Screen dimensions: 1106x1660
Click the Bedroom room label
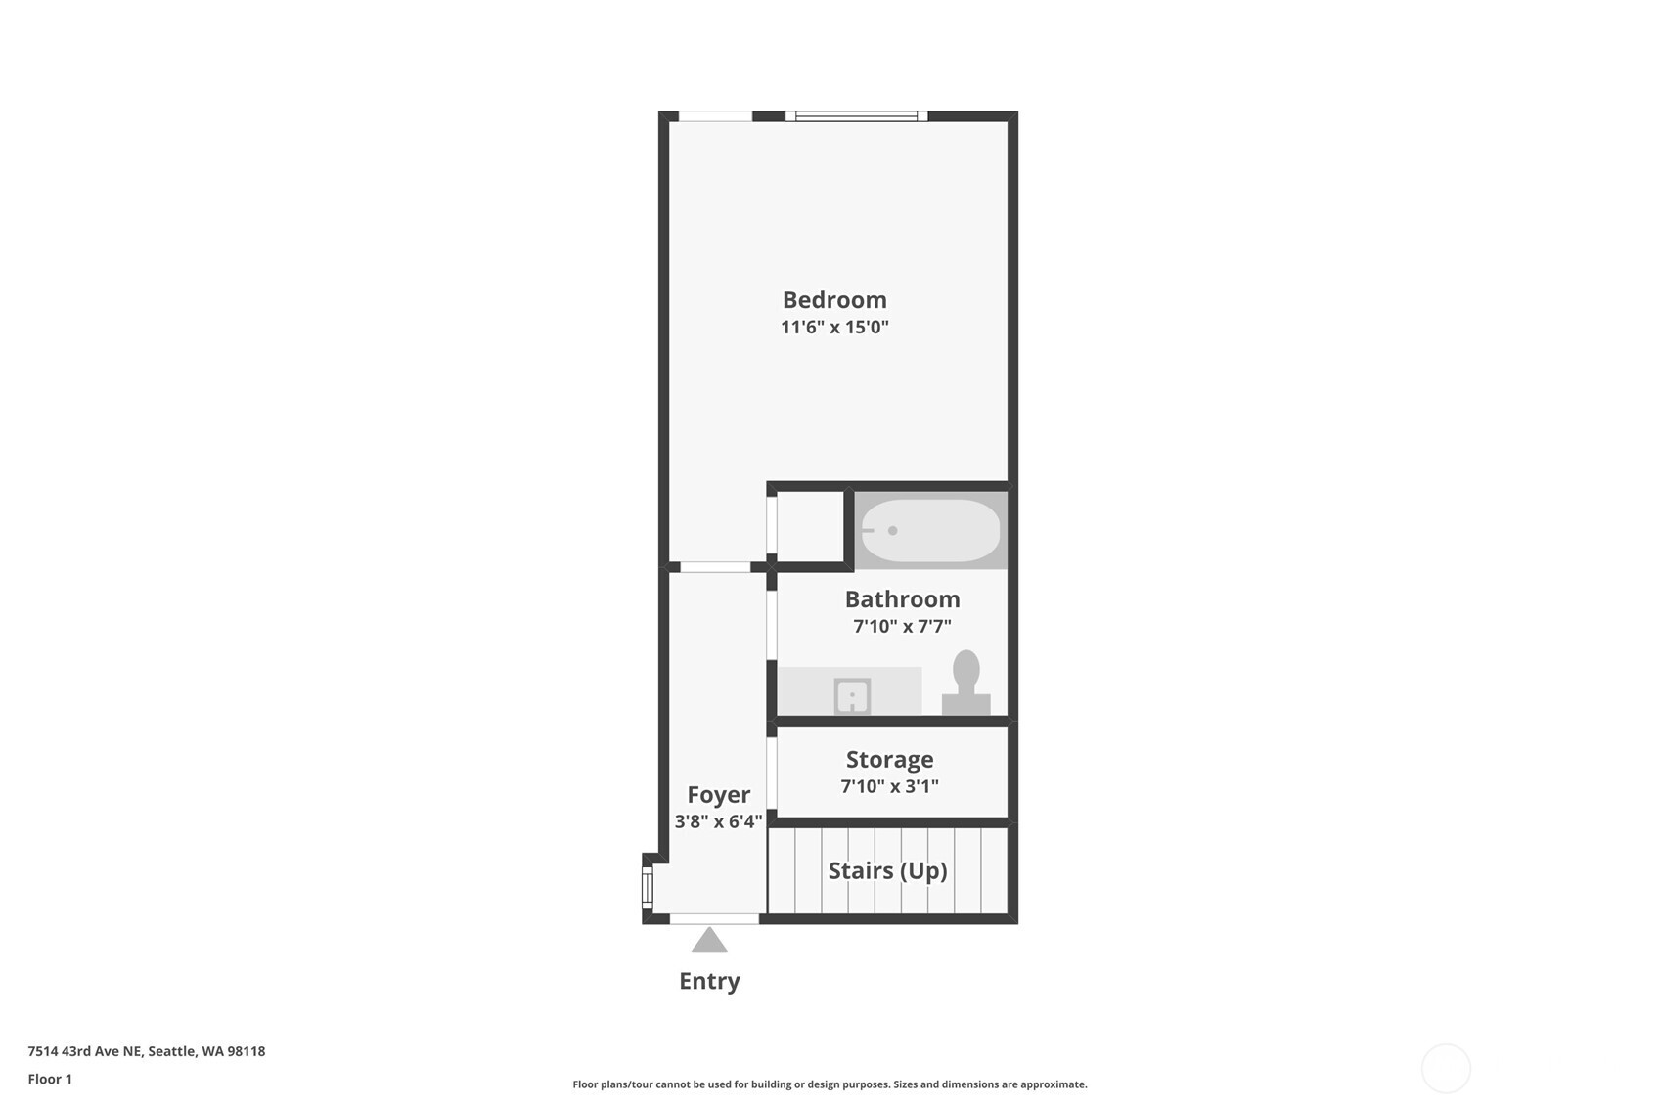[x=834, y=300]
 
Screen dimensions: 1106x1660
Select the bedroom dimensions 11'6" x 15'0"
[x=834, y=327]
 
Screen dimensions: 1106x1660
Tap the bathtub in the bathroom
[x=930, y=531]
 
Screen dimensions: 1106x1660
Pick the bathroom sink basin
[x=852, y=696]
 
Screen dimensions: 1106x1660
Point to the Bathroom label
[x=902, y=599]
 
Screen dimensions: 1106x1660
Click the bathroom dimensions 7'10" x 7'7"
[x=902, y=626]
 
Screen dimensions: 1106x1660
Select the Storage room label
[x=889, y=760]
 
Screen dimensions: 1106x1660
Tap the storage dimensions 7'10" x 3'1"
[x=889, y=786]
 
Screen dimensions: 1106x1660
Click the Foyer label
[x=718, y=795]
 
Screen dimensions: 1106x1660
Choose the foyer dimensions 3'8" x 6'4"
[x=718, y=821]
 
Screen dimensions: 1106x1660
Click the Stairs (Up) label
[x=887, y=871]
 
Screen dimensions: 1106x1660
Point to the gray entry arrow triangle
[x=709, y=941]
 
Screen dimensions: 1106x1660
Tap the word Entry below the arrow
[x=709, y=981]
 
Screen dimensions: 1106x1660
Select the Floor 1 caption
[x=50, y=1079]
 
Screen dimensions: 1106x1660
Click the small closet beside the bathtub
[x=810, y=526]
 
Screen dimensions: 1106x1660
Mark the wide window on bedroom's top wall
[x=856, y=116]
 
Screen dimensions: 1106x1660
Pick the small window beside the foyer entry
[x=647, y=888]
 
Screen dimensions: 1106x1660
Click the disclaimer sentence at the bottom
[x=830, y=1084]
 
